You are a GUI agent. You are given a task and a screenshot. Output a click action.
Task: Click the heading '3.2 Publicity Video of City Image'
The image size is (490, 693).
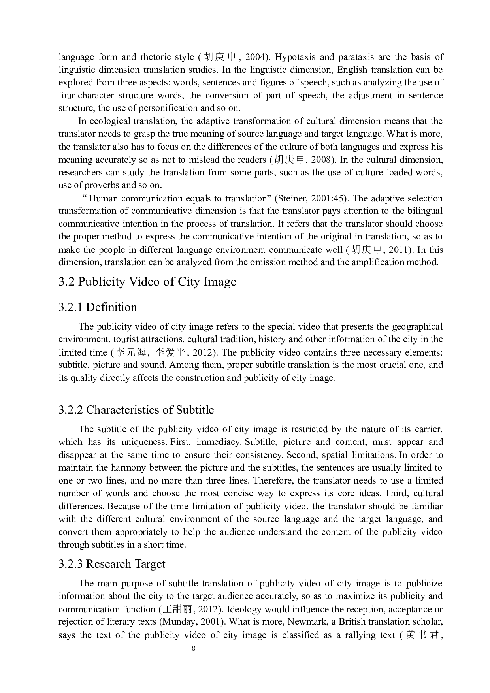point(147,282)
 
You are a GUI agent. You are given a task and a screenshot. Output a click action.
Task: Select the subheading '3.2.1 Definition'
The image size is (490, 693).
point(98,307)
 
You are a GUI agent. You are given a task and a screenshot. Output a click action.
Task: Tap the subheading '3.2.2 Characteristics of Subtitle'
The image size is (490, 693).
point(136,410)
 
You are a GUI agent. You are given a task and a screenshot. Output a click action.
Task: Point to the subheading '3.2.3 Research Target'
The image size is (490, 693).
point(112,564)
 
